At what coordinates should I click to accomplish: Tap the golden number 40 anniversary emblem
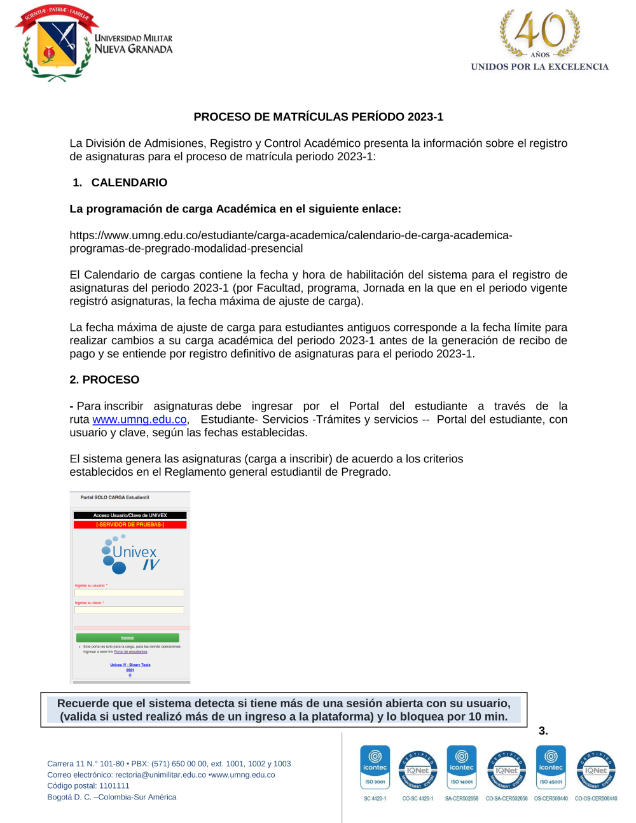click(539, 32)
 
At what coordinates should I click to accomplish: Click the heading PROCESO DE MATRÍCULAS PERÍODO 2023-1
click(318, 117)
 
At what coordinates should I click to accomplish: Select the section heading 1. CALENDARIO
click(120, 183)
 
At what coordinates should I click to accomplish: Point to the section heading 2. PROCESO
click(104, 380)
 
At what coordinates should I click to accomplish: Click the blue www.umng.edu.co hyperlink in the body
click(139, 420)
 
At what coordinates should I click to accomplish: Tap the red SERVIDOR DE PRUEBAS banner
click(130, 525)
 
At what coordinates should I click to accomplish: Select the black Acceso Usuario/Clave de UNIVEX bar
click(130, 515)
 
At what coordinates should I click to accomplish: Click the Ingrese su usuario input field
click(129, 593)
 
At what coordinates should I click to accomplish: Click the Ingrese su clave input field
click(129, 610)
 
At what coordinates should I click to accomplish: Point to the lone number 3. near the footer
click(543, 731)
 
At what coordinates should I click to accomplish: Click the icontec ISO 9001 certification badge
click(375, 768)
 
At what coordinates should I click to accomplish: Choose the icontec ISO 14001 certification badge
click(462, 768)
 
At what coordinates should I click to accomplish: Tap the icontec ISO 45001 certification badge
click(551, 768)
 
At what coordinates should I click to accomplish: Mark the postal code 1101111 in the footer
click(114, 786)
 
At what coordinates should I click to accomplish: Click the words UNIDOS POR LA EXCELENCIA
click(539, 67)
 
